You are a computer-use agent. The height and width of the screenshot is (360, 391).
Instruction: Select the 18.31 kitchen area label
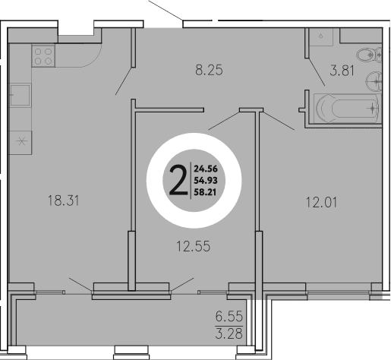point(63,201)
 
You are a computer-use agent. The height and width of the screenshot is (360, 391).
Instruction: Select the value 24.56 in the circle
point(206,169)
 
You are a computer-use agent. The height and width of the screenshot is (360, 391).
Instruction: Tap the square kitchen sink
point(20,97)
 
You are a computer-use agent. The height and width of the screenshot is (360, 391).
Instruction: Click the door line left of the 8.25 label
point(123,77)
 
